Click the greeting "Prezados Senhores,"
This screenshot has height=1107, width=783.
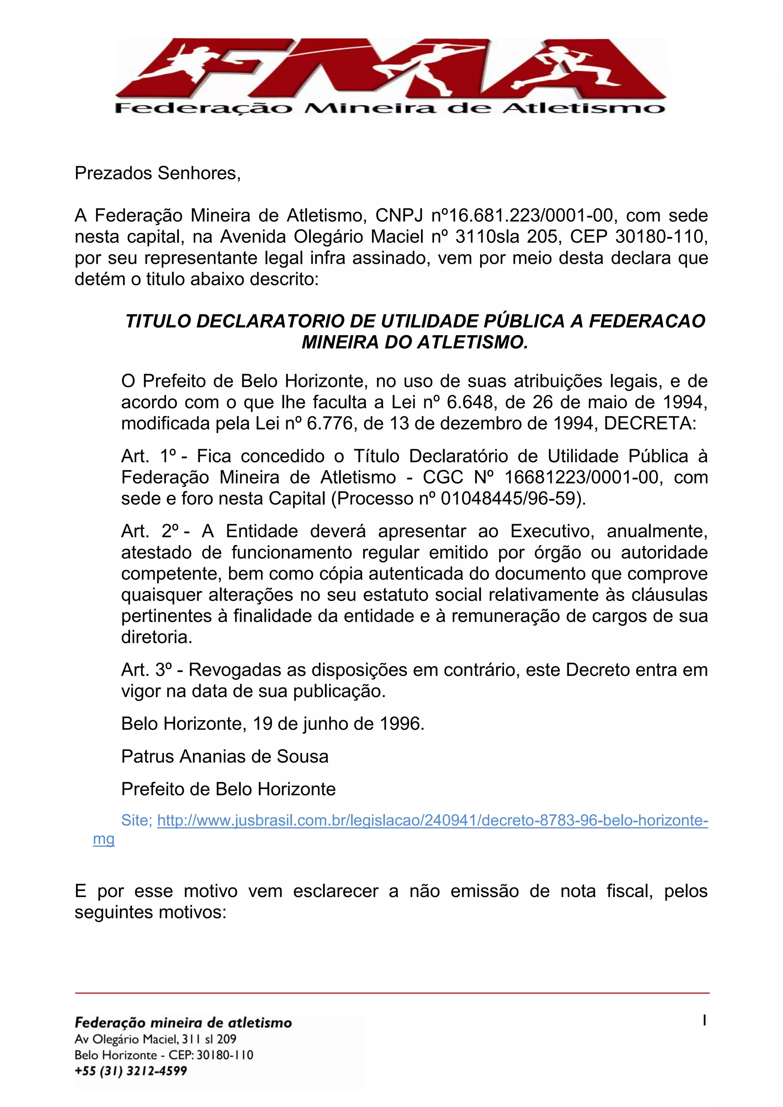tap(158, 173)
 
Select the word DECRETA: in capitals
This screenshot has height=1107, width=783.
tap(650, 423)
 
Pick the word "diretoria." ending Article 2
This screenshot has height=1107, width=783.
tap(157, 637)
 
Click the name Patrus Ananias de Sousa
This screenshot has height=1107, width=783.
tap(225, 756)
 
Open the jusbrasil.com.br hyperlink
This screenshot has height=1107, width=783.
tap(432, 820)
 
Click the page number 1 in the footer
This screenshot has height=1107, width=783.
tap(704, 1020)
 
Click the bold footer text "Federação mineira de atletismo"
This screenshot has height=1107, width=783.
tap(183, 1023)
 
